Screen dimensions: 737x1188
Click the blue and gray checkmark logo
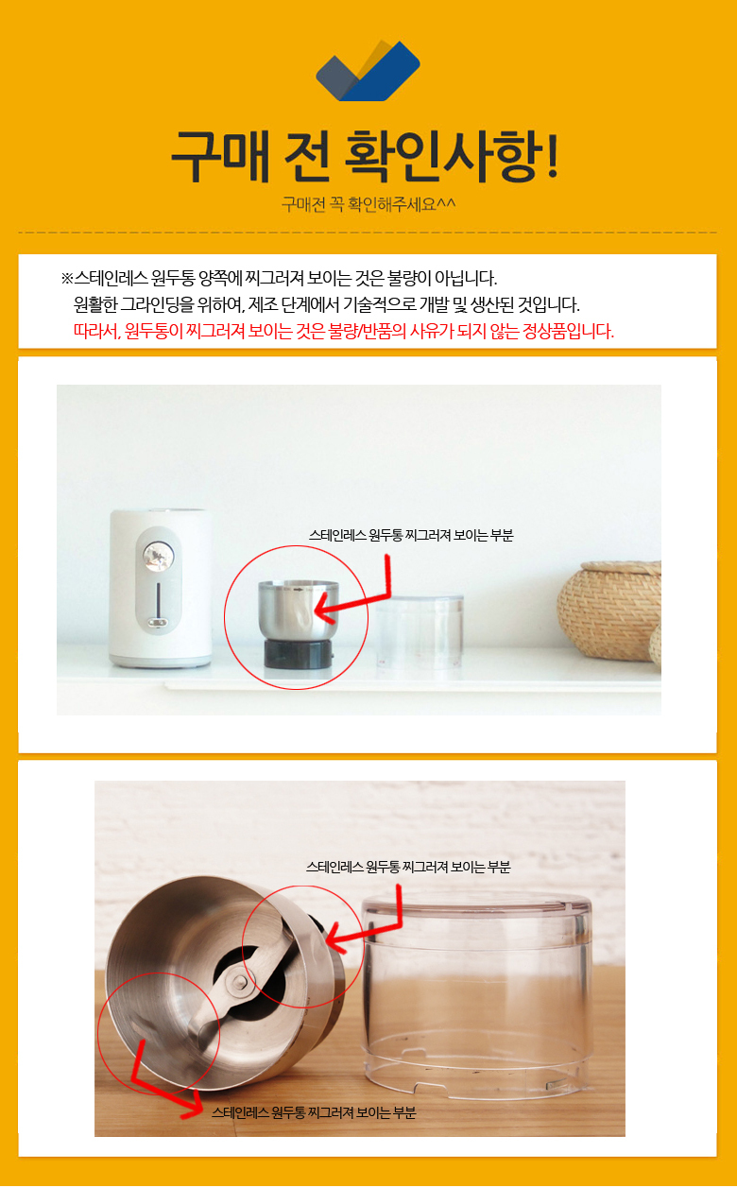click(368, 70)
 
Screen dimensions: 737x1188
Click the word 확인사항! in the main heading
click(452, 156)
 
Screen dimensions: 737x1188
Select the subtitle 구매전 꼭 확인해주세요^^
click(368, 203)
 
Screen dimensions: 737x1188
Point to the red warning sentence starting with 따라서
click(344, 332)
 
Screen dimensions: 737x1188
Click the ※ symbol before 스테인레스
click(66, 278)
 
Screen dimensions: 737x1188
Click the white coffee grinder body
click(161, 588)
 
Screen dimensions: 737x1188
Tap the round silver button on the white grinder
click(158, 557)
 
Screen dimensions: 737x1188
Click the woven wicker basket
click(609, 610)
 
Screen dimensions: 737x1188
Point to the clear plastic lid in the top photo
click(420, 630)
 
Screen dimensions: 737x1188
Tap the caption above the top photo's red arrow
click(411, 535)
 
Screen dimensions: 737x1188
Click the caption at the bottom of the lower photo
click(314, 1112)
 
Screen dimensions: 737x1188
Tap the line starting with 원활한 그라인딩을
click(327, 304)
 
